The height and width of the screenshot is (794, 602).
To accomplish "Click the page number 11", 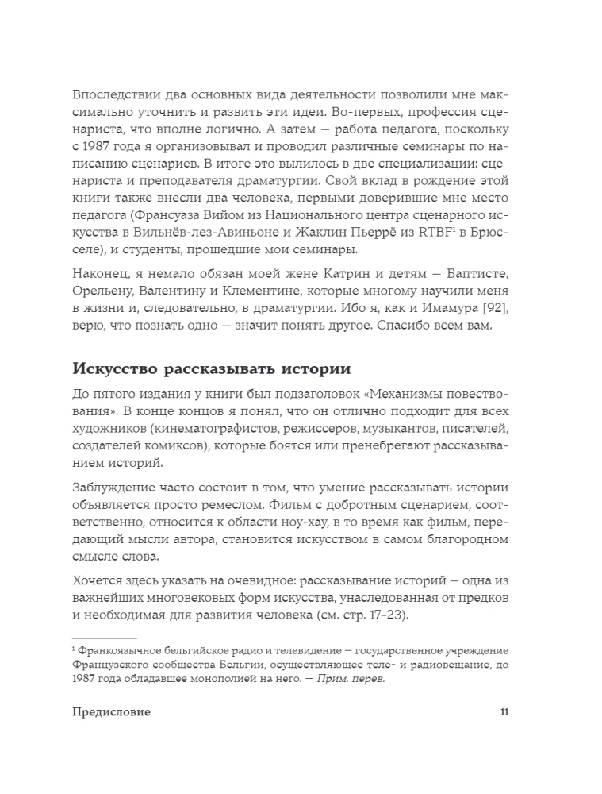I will tap(504, 711).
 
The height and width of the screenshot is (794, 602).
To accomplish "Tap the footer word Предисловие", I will tap(111, 711).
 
